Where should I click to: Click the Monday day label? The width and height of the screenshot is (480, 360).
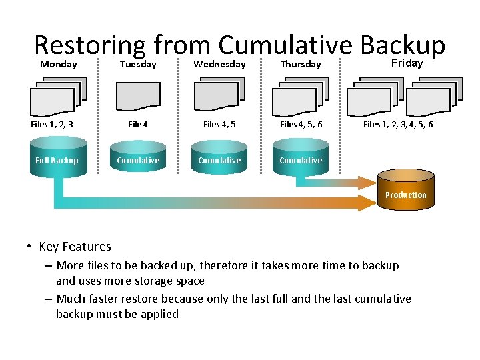[58, 65]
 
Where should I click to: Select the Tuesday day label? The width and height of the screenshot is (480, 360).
[137, 65]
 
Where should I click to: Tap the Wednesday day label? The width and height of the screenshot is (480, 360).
[219, 65]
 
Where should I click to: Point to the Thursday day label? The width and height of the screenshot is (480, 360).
[300, 65]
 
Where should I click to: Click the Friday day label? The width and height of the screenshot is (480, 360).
[406, 63]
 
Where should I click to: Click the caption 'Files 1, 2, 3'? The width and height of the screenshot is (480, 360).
[52, 125]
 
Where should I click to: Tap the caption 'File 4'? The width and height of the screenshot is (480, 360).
[138, 125]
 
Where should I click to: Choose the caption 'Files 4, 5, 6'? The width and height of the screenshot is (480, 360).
[301, 125]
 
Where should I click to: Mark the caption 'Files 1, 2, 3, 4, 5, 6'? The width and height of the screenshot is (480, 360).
[398, 125]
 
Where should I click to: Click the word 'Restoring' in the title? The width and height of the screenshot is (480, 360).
[89, 45]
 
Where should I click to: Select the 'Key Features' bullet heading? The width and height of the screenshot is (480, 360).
[75, 247]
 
